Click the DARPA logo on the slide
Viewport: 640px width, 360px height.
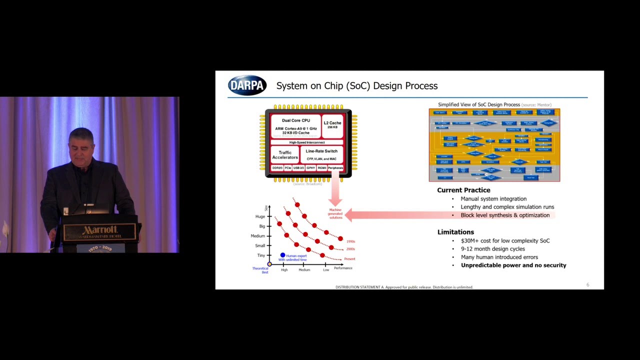click(247, 85)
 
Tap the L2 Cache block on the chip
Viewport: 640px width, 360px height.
click(332, 125)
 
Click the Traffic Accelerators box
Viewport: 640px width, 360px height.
click(285, 155)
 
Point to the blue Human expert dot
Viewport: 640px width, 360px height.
click(282, 255)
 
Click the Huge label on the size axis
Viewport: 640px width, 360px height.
click(260, 216)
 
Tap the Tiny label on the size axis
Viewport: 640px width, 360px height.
click(261, 255)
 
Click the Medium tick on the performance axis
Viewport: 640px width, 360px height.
click(304, 270)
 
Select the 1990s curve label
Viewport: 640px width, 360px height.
click(350, 241)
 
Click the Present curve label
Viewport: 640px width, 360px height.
click(349, 259)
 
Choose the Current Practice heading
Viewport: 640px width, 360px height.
click(463, 190)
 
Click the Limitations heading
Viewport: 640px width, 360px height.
click(455, 232)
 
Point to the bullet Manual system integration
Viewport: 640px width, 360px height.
click(493, 199)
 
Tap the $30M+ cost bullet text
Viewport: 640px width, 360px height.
click(505, 241)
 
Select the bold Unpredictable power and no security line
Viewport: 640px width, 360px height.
click(513, 265)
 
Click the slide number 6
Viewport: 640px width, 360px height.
click(587, 285)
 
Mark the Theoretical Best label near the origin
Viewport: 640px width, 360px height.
click(260, 270)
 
